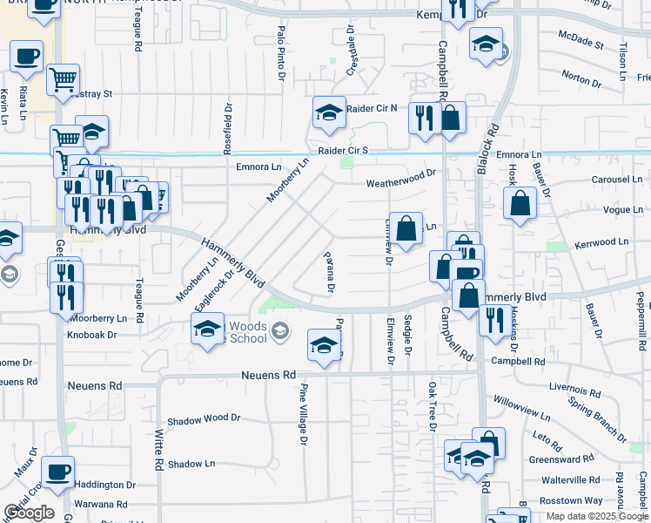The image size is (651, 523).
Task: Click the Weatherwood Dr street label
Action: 400,183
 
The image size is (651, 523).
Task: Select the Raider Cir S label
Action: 343,150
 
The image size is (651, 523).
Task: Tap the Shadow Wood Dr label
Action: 204,418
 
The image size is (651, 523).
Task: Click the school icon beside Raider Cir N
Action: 330,112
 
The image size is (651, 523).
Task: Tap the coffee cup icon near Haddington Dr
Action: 58,472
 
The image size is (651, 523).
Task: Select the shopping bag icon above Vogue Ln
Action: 520,204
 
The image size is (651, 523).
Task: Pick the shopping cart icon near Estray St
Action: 63,79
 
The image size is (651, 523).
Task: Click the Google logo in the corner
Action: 29,513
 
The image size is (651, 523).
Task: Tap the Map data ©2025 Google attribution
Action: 597,516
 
